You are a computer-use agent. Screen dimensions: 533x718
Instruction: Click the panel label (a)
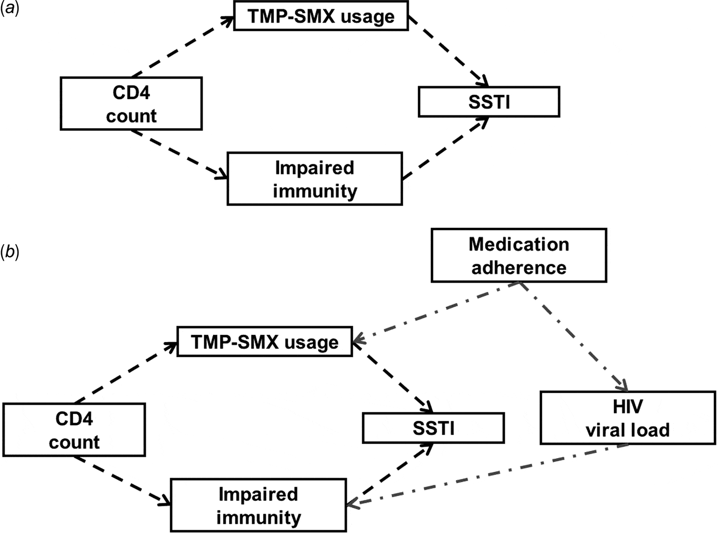(9, 9)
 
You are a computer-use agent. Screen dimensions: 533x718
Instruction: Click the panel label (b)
(9, 252)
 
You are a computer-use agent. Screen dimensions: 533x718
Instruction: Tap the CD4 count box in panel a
(131, 104)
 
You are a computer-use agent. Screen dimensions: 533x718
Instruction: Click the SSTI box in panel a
(489, 102)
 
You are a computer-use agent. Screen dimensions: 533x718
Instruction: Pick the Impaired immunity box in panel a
(314, 179)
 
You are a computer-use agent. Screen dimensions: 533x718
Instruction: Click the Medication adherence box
(518, 255)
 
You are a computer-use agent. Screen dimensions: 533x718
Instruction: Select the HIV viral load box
(628, 418)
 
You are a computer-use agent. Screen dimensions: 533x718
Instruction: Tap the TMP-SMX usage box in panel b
(265, 342)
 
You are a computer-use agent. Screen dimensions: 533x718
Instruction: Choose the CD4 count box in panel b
(74, 430)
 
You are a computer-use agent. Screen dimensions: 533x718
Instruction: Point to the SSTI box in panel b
(433, 428)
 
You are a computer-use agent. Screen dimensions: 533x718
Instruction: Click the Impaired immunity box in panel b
(258, 505)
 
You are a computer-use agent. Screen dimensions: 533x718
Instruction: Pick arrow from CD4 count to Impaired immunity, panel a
(179, 154)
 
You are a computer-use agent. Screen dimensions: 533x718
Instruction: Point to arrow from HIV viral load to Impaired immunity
(487, 475)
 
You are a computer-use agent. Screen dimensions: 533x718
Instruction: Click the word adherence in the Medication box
(518, 267)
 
